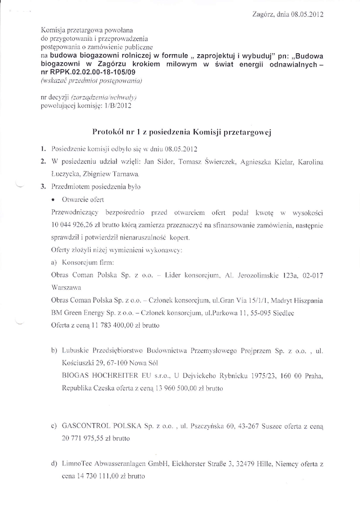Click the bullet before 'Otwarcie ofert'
click(x=53, y=200)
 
